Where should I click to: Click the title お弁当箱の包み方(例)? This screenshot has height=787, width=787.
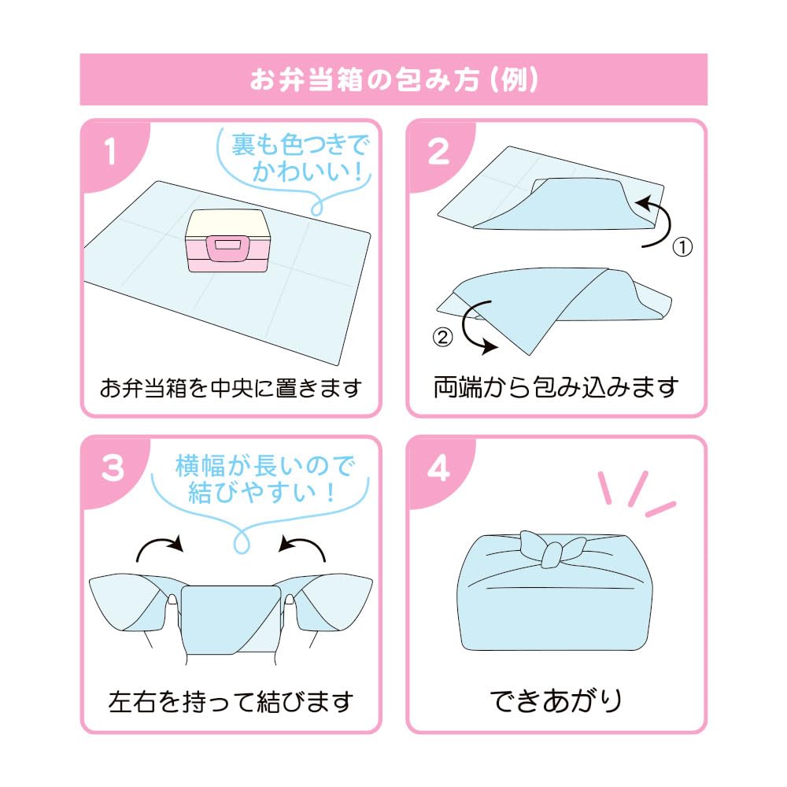393,79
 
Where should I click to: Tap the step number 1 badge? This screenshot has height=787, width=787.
109,152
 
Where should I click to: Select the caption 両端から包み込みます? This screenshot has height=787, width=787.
556,387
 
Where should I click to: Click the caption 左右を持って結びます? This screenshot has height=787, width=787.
231,700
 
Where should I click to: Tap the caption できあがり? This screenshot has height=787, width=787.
556,700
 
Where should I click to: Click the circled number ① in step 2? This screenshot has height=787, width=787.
682,247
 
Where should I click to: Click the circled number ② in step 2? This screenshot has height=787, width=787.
443,337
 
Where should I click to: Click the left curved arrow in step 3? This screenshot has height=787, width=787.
159,546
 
